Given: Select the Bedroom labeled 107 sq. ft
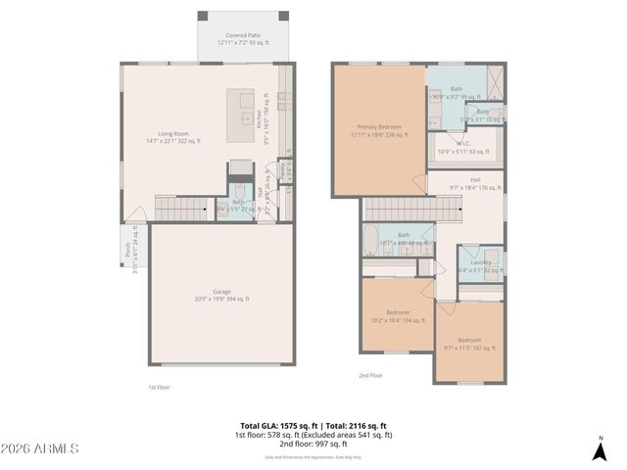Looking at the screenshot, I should (470, 343).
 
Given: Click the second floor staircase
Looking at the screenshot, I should (411, 209).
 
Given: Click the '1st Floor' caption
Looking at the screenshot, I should (160, 387).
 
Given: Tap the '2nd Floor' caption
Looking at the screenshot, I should (371, 375).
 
